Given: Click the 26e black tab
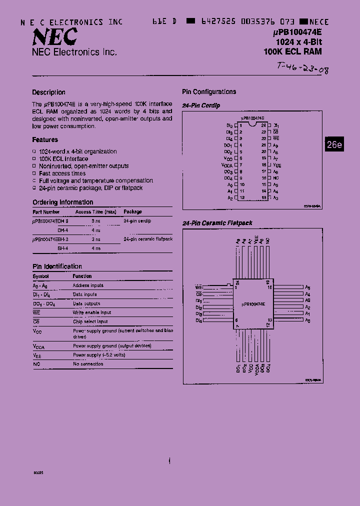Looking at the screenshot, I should [334, 144].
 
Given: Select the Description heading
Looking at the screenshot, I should [48, 92].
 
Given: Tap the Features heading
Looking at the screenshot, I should [45, 140].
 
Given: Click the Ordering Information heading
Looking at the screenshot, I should [62, 202].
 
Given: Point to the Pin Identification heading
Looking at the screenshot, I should [57, 266].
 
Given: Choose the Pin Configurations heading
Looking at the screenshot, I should [209, 92].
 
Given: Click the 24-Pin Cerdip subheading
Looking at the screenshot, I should [201, 106].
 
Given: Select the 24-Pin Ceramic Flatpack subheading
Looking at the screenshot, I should [217, 223].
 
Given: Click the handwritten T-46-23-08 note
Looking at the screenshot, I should [302, 68].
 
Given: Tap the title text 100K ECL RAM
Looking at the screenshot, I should [292, 51].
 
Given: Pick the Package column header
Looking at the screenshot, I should [133, 212].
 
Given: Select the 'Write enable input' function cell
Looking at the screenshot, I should [92, 312].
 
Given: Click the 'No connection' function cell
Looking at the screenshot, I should [88, 364].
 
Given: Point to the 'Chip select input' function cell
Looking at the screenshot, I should [90, 321].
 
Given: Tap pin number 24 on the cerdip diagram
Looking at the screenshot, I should [263, 125].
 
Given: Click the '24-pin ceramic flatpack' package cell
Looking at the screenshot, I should [148, 239].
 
